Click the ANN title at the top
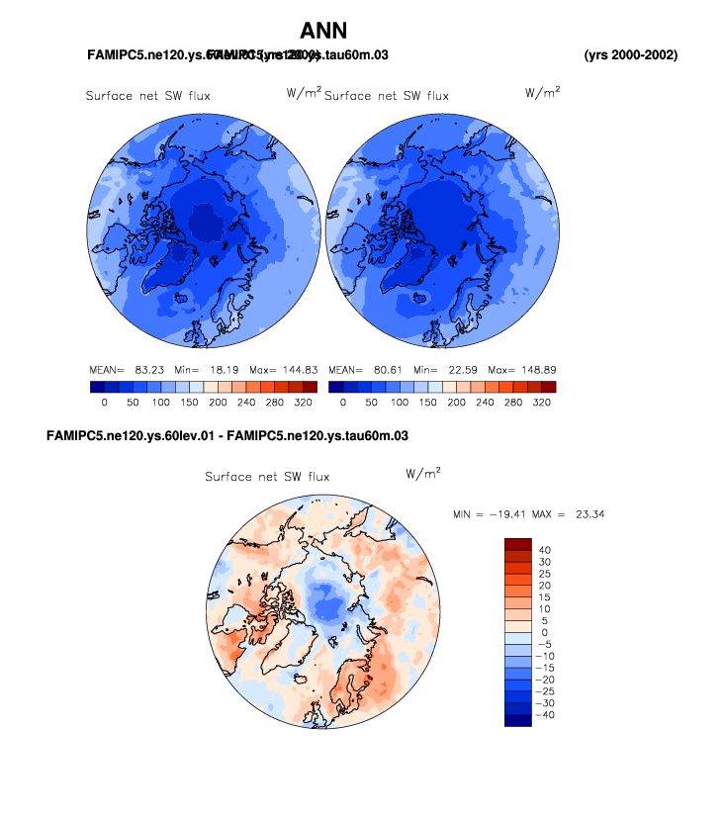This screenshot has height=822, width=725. point(323,31)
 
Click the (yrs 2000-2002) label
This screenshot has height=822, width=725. point(631,54)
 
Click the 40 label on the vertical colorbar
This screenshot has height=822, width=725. point(544,550)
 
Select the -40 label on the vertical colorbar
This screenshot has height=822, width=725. point(542,714)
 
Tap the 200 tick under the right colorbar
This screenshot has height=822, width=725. point(456,404)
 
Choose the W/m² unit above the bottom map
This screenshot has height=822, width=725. point(423,474)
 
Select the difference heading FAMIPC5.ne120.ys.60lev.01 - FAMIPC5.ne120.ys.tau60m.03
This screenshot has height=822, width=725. point(227,435)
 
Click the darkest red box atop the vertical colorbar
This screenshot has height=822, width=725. point(518,543)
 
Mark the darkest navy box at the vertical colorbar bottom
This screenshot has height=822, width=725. point(518,720)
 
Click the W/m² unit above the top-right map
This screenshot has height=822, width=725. point(542,93)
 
